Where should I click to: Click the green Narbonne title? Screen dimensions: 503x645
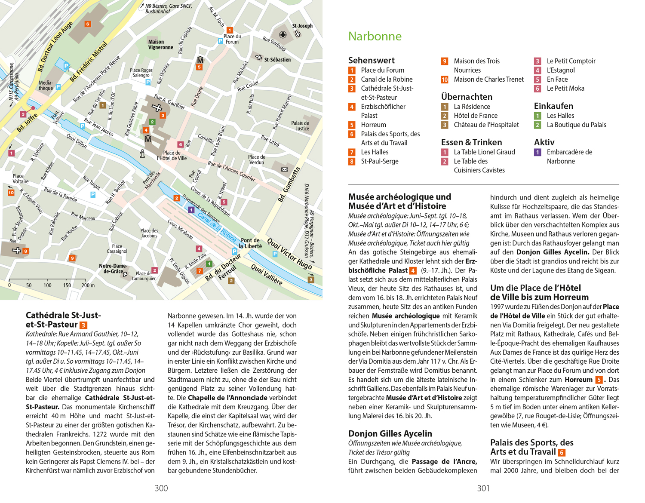[x=375, y=36]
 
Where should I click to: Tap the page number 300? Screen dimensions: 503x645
[x=161, y=488]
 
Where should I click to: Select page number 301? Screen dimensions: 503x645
[x=483, y=488]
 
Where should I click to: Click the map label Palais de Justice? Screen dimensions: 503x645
[x=300, y=126]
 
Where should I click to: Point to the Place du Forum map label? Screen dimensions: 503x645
[x=232, y=39]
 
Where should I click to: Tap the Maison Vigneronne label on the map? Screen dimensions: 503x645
[x=160, y=45]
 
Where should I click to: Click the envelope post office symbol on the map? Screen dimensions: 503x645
[x=285, y=169]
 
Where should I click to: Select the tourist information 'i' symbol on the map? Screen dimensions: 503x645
[x=142, y=153]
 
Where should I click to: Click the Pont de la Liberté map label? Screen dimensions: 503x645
[x=250, y=243]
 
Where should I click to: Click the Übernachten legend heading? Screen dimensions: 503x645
[x=467, y=97]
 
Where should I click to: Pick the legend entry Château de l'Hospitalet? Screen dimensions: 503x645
[x=486, y=125]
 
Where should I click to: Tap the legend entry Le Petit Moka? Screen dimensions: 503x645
[x=565, y=88]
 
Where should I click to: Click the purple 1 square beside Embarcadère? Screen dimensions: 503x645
[x=537, y=152]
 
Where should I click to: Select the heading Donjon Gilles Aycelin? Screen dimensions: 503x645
[x=390, y=433]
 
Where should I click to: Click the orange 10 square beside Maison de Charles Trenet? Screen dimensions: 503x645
[x=445, y=80]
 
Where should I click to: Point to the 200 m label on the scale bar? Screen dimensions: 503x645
[x=88, y=285]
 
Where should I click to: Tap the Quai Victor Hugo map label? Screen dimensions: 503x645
[x=289, y=255]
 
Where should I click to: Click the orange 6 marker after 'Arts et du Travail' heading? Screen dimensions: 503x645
[x=562, y=452]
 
